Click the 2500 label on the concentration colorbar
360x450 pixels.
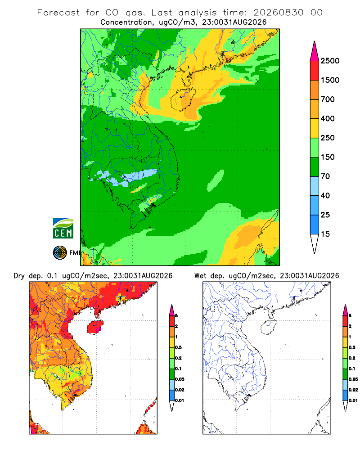tap(330, 61)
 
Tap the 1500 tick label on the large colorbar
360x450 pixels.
tap(330, 80)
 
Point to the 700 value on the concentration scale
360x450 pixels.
tap(328, 99)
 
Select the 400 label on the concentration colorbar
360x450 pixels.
tap(328, 118)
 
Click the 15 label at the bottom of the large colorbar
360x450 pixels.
tap(325, 234)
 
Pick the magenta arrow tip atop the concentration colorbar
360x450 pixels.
tap(315, 51)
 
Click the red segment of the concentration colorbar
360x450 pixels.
tap(315, 71)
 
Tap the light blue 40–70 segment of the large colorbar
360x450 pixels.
tap(315, 186)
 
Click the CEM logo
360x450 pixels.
tap(63, 229)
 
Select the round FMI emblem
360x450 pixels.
tap(60, 253)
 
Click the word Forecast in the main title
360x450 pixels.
tap(58, 13)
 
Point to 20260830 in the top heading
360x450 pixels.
tap(278, 13)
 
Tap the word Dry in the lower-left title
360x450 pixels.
tap(19, 276)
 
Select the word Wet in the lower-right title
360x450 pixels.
tap(200, 276)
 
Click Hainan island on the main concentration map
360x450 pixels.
tap(183, 99)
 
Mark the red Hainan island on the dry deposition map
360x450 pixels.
tap(95, 327)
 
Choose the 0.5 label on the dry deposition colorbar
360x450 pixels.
tap(178, 347)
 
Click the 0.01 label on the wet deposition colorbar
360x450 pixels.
tap(353, 400)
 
